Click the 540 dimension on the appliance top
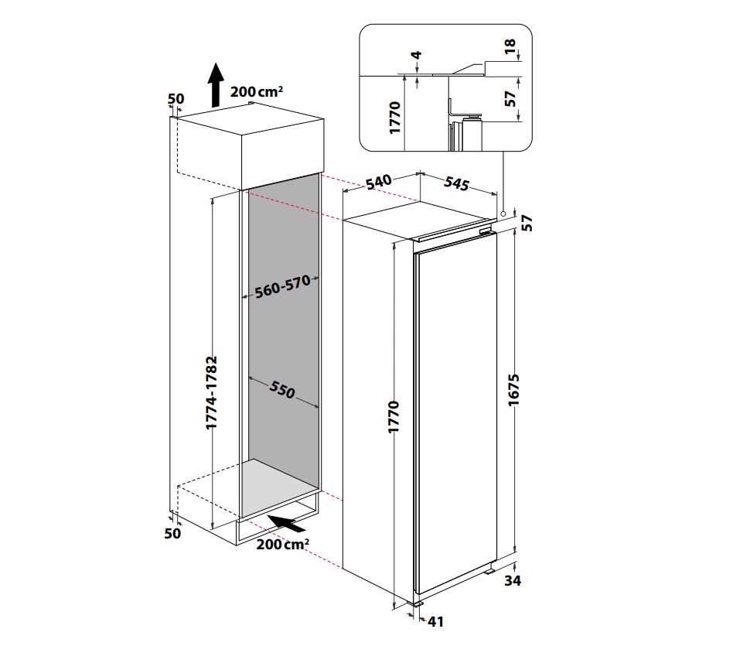point(379,183)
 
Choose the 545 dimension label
point(458,184)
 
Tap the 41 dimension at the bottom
point(435,620)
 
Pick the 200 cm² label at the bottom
point(283,545)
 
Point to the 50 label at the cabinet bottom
point(172,533)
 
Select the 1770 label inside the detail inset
point(395,118)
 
